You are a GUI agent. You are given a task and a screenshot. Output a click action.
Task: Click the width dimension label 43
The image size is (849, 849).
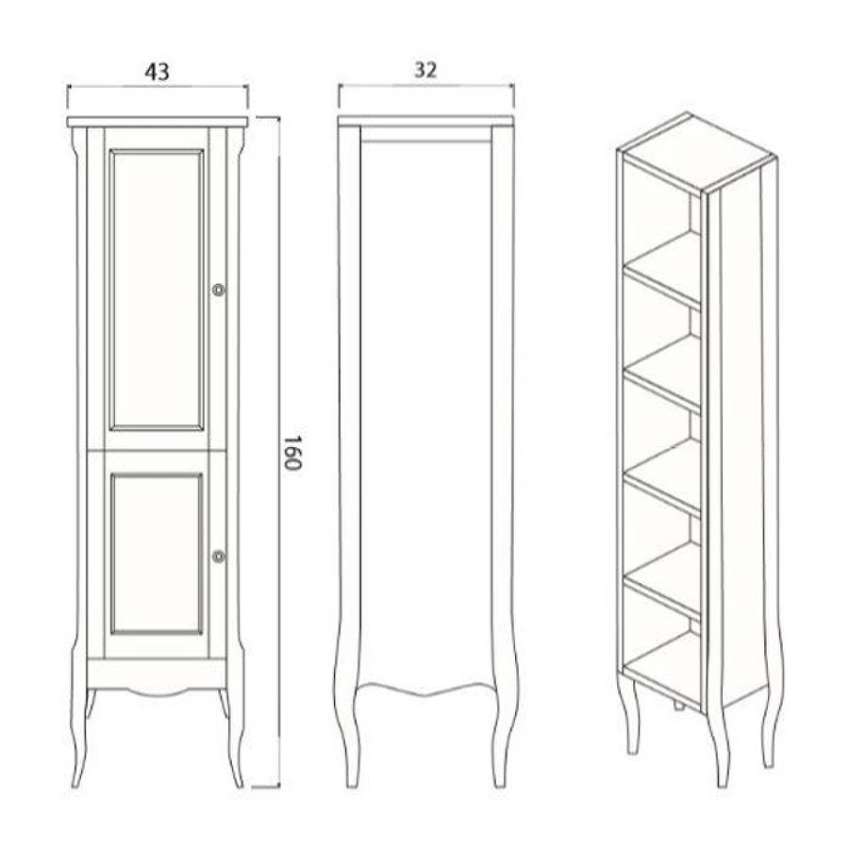157,72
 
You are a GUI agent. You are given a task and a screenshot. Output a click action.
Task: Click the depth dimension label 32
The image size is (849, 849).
425,70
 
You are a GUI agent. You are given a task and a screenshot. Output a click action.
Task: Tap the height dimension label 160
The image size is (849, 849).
291,453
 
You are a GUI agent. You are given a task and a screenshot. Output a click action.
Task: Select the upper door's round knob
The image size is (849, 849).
218,291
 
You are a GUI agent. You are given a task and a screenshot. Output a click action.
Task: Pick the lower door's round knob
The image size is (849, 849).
218,556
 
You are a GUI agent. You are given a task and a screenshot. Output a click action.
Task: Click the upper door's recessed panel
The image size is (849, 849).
157,291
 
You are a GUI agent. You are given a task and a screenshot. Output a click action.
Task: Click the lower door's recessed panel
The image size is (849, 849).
157,554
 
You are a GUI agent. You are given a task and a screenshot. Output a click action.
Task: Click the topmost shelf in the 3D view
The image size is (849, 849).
663,269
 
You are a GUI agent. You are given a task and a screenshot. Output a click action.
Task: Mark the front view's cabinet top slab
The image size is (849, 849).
158,122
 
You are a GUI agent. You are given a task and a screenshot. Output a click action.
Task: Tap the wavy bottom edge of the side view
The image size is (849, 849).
426,689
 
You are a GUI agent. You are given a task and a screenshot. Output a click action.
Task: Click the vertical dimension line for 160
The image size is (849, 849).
279,452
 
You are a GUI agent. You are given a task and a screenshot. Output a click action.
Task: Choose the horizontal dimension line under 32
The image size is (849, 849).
426,85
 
